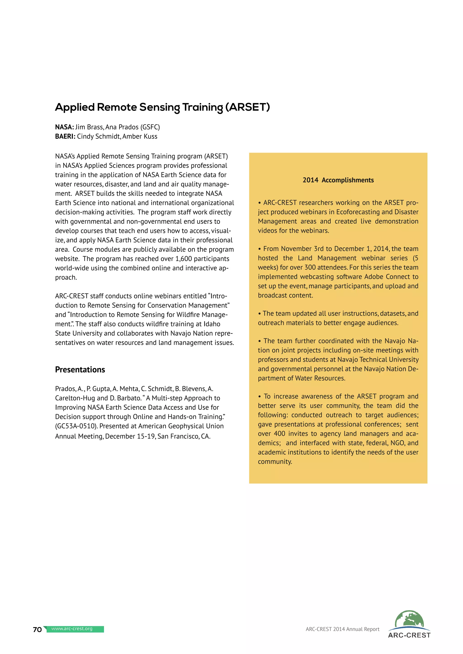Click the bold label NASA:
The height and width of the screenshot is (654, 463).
[x=64, y=127]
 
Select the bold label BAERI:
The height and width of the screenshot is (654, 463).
[x=65, y=136]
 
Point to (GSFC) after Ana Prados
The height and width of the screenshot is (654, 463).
[x=150, y=127]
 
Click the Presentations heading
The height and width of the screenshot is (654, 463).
[x=80, y=369]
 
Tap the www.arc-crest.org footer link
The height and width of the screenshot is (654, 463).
[x=72, y=629]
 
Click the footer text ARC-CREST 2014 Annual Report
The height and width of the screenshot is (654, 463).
[x=343, y=629]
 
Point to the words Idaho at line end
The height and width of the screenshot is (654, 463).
[x=212, y=324]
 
